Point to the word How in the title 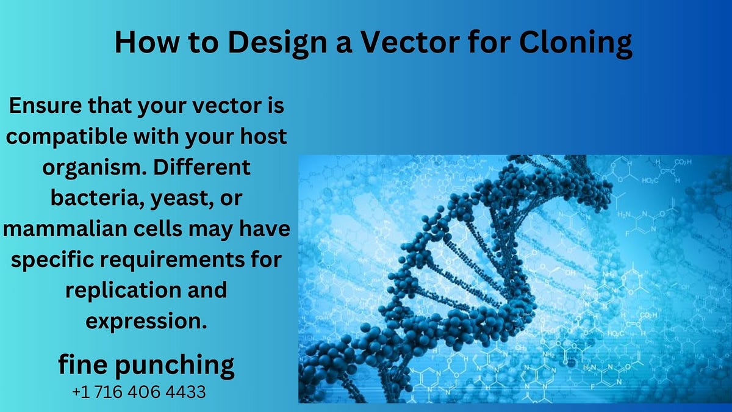[139, 44]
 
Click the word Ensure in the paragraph [43, 106]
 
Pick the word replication [117, 291]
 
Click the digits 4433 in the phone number [185, 392]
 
